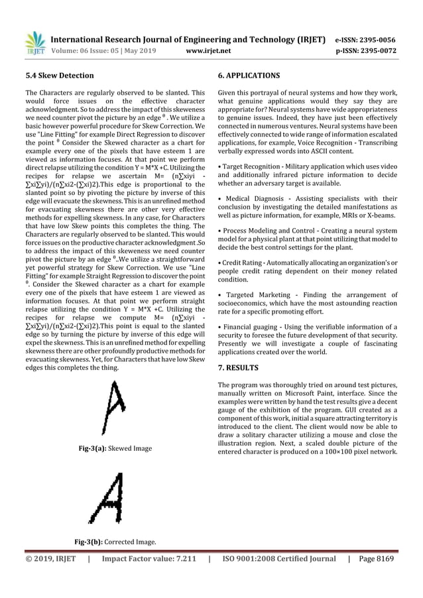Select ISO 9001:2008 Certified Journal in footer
[x=278, y=558]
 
